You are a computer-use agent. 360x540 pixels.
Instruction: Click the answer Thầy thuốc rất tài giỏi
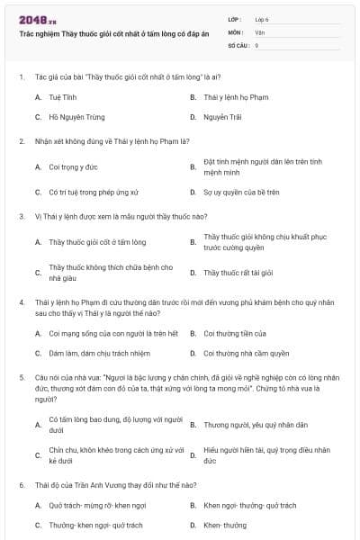point(238,272)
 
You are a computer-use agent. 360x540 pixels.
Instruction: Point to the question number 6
point(21,485)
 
